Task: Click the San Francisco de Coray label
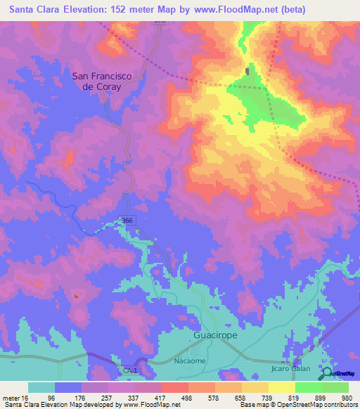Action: pyautogui.click(x=107, y=81)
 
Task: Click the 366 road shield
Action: pyautogui.click(x=125, y=221)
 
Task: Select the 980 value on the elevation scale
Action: pyautogui.click(x=346, y=397)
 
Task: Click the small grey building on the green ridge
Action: pyautogui.click(x=247, y=71)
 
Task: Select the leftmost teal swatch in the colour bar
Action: pyautogui.click(x=41, y=387)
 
